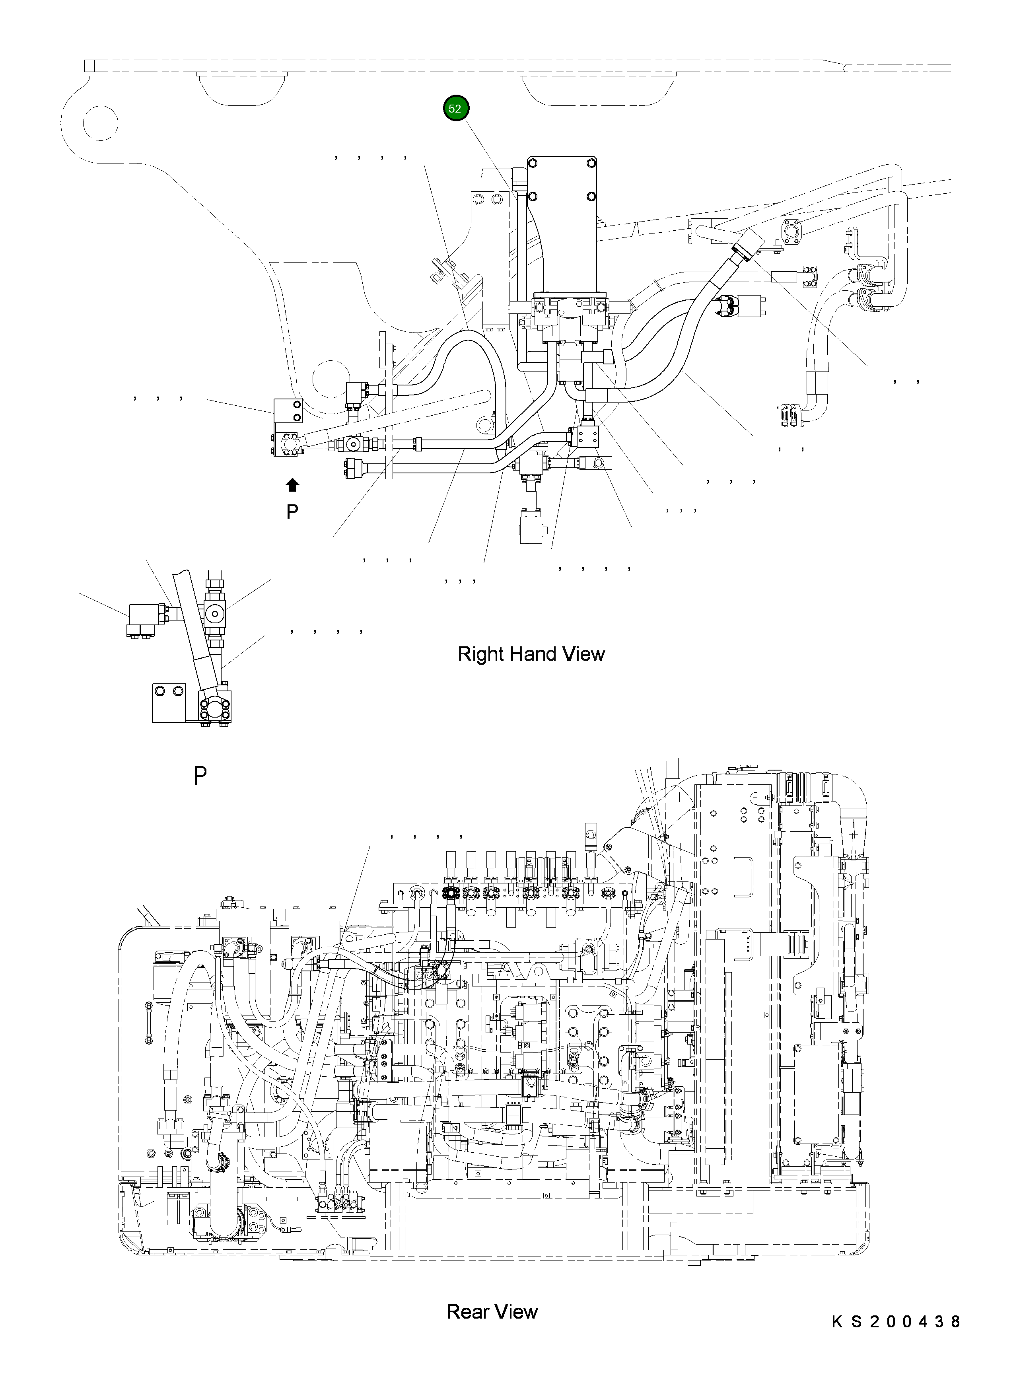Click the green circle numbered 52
click(456, 109)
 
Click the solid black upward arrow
click(292, 485)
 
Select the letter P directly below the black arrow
click(292, 511)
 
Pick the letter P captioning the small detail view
click(200, 776)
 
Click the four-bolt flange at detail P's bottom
click(215, 707)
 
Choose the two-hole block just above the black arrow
click(288, 410)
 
